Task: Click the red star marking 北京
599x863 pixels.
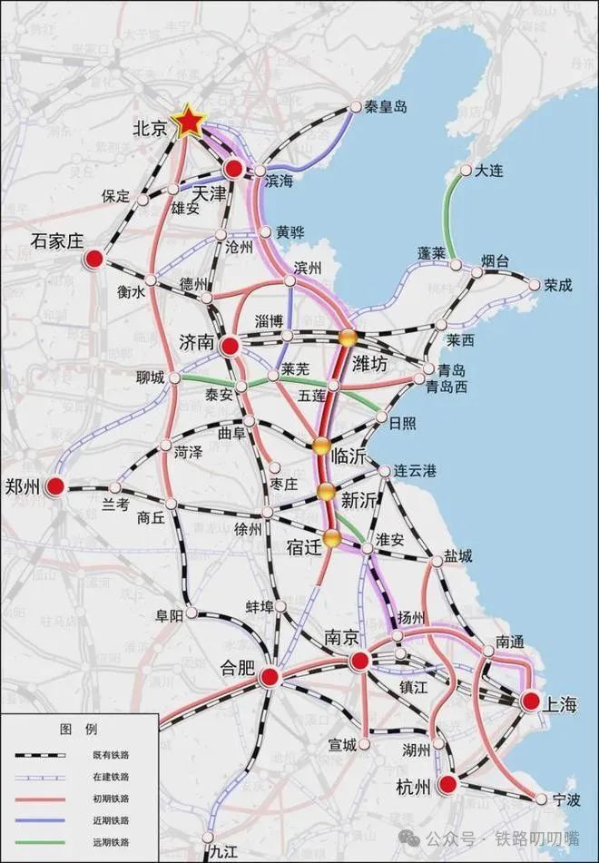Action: click(189, 121)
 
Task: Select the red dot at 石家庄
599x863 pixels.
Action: click(93, 260)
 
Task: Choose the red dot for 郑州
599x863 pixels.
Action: click(55, 487)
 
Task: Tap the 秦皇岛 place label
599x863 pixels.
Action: click(386, 106)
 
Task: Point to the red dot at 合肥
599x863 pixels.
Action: click(270, 677)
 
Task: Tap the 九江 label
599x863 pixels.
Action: click(222, 851)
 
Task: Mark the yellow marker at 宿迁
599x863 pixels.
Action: click(332, 538)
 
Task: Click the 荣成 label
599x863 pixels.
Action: click(558, 285)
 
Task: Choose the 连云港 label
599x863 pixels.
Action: click(415, 471)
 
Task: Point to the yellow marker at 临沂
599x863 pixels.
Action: click(320, 446)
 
